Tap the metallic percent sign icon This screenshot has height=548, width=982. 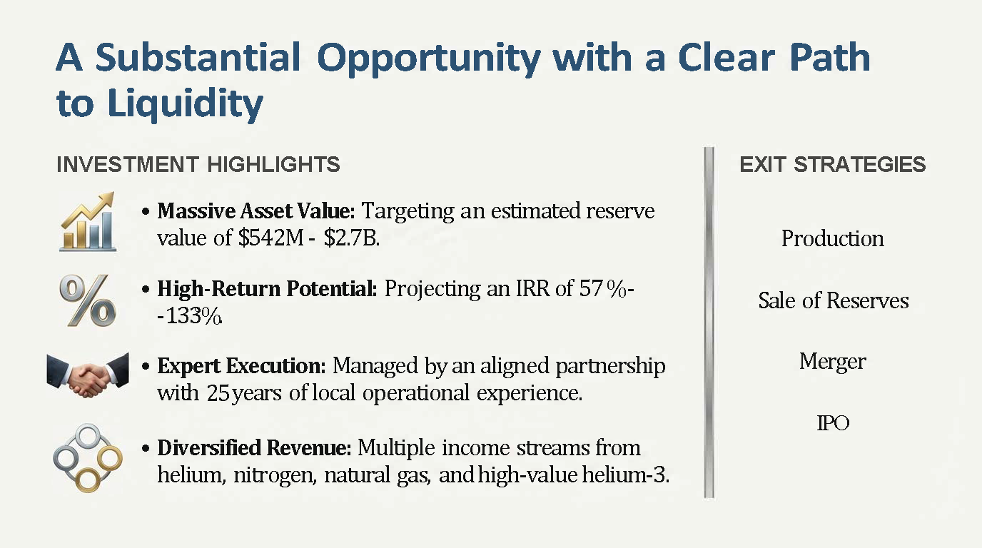point(88,300)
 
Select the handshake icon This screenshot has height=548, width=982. point(88,375)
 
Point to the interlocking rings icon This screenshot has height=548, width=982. point(88,458)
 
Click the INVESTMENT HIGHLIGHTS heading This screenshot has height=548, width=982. point(198,164)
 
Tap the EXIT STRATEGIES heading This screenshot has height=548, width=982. point(833,164)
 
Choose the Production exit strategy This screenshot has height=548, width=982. point(833,238)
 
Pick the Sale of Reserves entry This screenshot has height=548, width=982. point(834,300)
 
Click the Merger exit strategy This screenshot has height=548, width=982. point(833,362)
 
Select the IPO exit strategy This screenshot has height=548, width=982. point(833,423)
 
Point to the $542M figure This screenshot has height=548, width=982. point(271,238)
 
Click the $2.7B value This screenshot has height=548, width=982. point(351,238)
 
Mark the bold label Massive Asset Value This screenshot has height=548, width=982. point(256,211)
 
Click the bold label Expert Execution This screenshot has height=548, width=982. point(241,365)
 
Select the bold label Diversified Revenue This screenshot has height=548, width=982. point(254,447)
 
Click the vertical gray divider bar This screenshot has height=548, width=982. point(709,323)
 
